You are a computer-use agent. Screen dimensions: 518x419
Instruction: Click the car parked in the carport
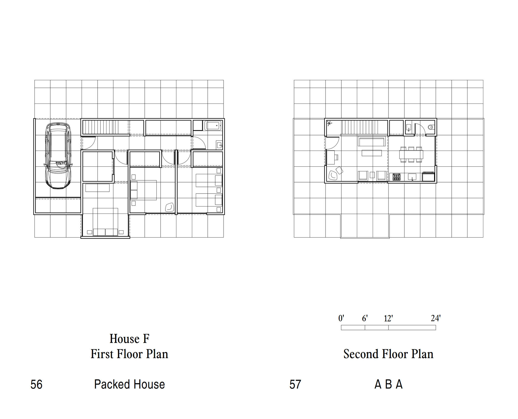[58, 156]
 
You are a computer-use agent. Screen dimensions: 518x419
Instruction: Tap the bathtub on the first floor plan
[213, 126]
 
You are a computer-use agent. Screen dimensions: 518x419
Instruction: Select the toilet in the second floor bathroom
[431, 127]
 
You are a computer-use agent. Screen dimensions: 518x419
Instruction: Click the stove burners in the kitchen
[397, 177]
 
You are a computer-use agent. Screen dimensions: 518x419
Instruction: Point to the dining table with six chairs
[411, 155]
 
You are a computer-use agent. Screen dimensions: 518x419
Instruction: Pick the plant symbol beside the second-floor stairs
[329, 123]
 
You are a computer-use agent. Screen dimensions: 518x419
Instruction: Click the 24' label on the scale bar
[436, 318]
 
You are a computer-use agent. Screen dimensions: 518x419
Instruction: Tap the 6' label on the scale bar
[365, 318]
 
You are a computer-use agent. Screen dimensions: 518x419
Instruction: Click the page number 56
[36, 384]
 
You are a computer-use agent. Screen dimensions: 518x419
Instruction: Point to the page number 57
[295, 384]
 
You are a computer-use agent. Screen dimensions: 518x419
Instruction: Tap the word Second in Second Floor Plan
[360, 354]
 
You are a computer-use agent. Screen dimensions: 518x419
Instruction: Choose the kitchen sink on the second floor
[412, 177]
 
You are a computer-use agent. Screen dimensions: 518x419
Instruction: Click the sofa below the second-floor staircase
[371, 142]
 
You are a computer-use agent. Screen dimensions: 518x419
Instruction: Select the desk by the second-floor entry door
[330, 157]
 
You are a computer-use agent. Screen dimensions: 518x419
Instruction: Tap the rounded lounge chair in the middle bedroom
[170, 207]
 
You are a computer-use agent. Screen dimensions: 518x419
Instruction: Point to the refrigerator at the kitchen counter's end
[429, 177]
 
